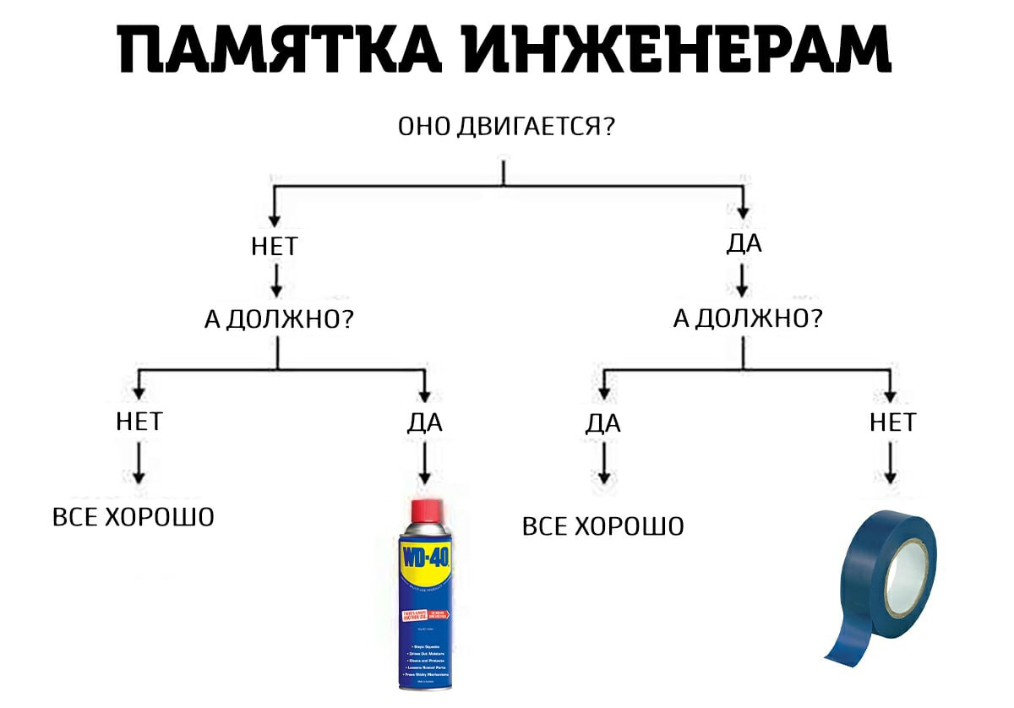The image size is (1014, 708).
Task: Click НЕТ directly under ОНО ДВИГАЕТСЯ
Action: point(275,247)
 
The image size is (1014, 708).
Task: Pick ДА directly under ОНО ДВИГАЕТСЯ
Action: point(744,244)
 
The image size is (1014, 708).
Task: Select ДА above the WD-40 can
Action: point(424,422)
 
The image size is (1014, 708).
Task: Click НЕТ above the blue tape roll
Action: point(892,422)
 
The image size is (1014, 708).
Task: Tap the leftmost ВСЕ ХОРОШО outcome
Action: point(134,516)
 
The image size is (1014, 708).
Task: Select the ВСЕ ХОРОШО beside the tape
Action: point(603,527)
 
